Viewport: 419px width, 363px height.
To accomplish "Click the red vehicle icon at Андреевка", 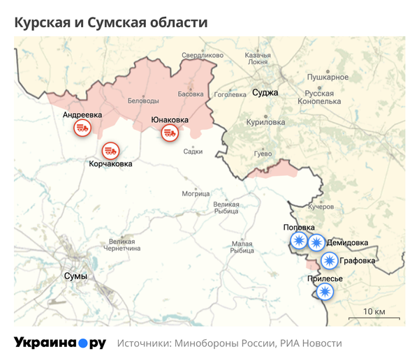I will [x=83, y=127].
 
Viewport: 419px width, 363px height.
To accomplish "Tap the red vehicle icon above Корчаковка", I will [x=110, y=150].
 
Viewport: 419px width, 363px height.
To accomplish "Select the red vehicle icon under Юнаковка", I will [x=169, y=132].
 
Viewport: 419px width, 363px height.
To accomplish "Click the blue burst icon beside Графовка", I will [x=329, y=261].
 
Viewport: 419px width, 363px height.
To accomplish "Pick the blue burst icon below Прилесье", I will [x=323, y=290].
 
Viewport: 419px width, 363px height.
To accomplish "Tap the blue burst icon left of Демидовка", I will [x=316, y=242].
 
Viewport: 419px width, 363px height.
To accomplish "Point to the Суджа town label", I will [x=265, y=92].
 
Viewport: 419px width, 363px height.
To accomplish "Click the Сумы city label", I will [x=75, y=276].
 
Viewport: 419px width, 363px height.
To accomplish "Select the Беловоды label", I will [x=143, y=101].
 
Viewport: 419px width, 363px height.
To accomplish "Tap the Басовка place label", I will [x=191, y=94].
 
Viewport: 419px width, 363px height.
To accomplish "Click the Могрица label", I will [x=196, y=193].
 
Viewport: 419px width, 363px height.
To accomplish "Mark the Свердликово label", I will [x=202, y=54].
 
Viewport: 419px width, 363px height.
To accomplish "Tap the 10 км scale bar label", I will [x=374, y=311].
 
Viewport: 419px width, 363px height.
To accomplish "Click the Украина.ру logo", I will [x=60, y=343].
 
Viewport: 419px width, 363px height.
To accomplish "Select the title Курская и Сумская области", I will [x=111, y=22].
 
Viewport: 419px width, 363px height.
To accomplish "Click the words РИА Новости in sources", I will [x=311, y=343].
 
